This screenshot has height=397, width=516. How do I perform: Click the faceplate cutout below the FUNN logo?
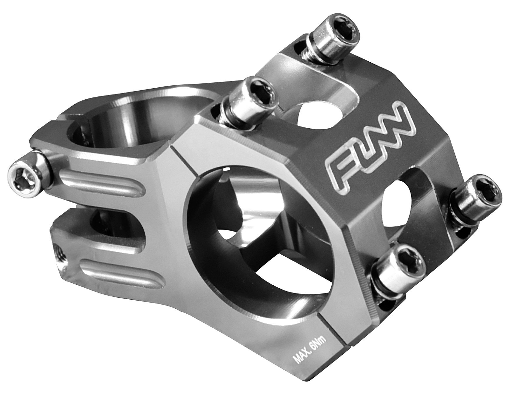click(x=409, y=202)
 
